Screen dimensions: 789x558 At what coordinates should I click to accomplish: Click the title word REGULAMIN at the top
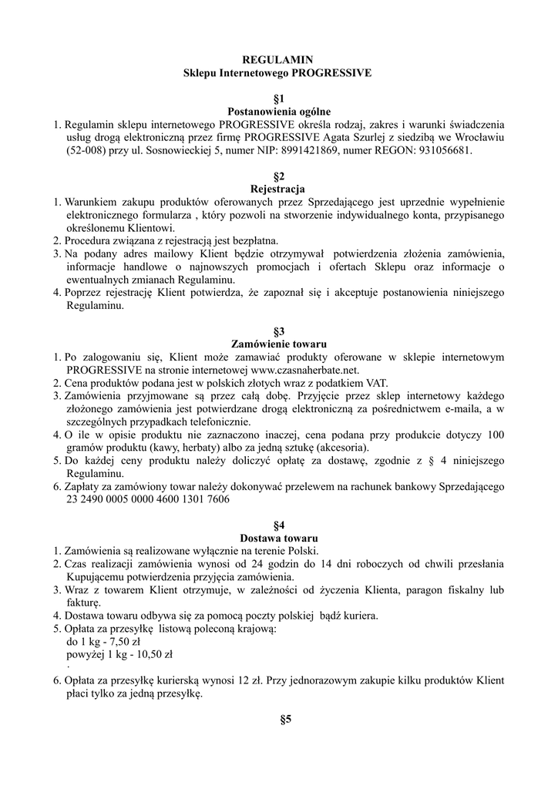[x=278, y=60]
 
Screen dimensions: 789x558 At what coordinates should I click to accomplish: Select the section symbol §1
[x=278, y=99]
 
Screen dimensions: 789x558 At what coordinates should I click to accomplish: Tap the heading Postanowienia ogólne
[x=278, y=111]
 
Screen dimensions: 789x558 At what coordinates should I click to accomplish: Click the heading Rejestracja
[x=278, y=189]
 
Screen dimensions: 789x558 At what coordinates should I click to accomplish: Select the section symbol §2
[x=278, y=176]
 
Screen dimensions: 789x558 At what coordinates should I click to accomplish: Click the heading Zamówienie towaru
[x=278, y=344]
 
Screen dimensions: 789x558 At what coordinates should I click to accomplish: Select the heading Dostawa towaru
[x=278, y=538]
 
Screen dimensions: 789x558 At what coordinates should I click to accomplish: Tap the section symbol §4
[x=278, y=525]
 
